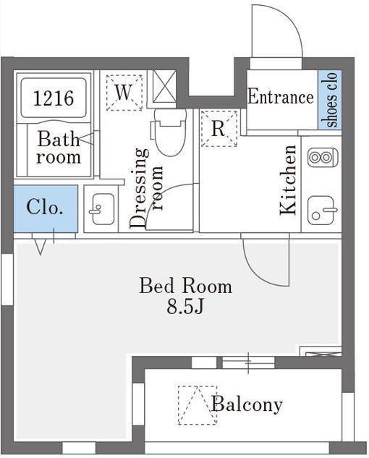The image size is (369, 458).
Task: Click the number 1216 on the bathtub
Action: (x=54, y=98)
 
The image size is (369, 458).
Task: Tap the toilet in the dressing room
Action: (x=169, y=132)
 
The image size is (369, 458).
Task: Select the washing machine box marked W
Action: (x=124, y=93)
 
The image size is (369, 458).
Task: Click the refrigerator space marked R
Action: (x=219, y=128)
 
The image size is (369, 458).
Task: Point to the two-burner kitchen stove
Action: (x=323, y=158)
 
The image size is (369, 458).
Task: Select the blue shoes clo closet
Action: (x=329, y=99)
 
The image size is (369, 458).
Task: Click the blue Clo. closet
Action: (x=46, y=208)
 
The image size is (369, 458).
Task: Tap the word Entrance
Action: (x=281, y=97)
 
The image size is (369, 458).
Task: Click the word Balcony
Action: (x=247, y=405)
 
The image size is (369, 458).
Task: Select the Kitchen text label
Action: (x=288, y=180)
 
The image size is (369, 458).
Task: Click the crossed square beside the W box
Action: (x=164, y=86)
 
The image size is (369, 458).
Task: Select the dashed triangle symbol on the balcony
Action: (x=198, y=405)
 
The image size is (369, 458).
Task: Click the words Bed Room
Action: (x=185, y=286)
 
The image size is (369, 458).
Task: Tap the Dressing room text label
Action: (x=146, y=188)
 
